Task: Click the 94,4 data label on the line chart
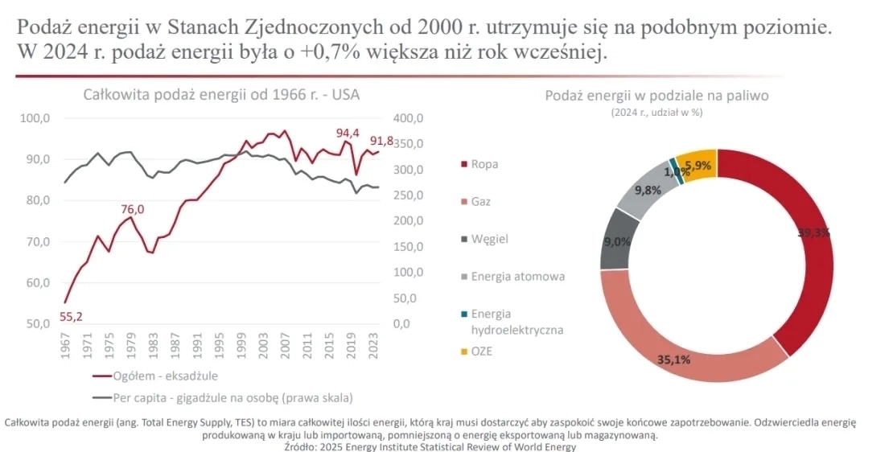point(347,133)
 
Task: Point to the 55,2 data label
point(72,316)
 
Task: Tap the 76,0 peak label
point(133,209)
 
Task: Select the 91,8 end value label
point(381,142)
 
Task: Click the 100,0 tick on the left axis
point(35,119)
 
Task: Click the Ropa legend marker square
point(463,165)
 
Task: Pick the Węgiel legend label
point(489,239)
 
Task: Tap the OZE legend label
point(483,351)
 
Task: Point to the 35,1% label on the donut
point(673,360)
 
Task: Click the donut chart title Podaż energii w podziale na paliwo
point(656,96)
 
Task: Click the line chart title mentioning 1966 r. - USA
point(221,94)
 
